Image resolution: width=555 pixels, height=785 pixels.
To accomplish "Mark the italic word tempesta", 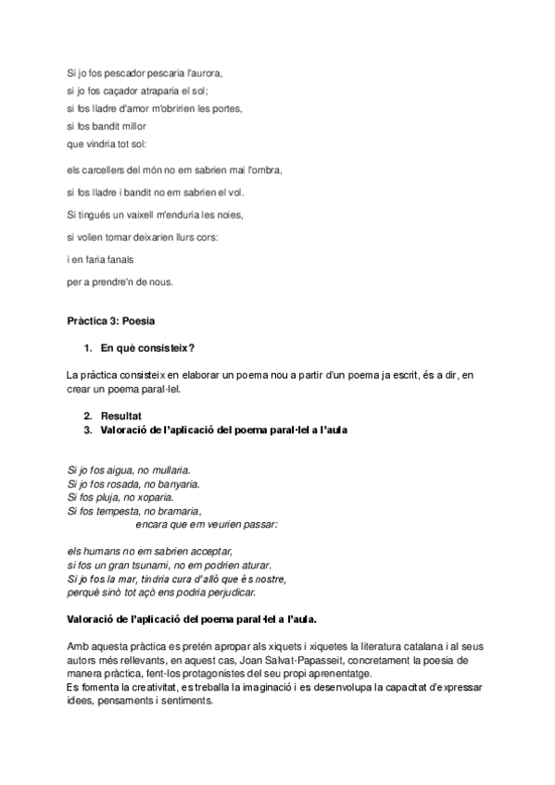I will (126, 511).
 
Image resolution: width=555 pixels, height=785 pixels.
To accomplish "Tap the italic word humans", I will (100, 552).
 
